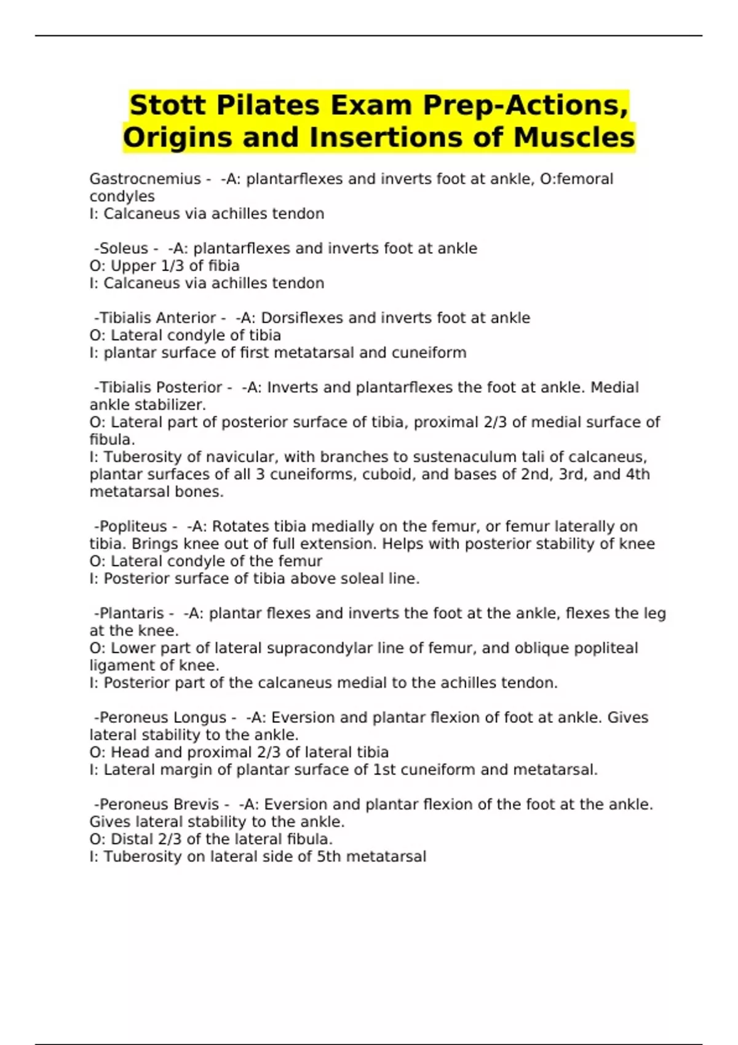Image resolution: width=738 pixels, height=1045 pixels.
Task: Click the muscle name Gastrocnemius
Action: [x=145, y=179]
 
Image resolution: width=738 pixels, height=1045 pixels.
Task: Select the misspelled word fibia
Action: [x=224, y=266]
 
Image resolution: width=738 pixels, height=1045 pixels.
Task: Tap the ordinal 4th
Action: [x=636, y=474]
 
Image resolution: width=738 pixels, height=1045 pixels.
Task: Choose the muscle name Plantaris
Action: [x=132, y=613]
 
